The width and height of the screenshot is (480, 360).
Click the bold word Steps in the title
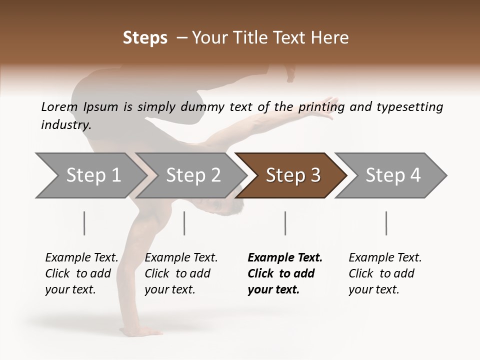tap(145, 38)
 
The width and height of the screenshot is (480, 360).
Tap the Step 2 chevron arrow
tap(190, 175)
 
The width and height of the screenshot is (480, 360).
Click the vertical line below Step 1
tap(84, 223)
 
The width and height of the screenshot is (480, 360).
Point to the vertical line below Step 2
tap(184, 223)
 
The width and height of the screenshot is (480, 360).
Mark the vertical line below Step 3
tap(285, 223)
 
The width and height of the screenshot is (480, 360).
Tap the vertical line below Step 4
tap(386, 223)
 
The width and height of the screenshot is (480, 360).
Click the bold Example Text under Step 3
tap(285, 257)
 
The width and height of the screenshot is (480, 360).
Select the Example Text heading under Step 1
tap(81, 257)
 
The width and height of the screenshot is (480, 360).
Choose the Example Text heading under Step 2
tap(181, 257)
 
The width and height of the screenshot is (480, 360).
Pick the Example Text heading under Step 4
tap(385, 257)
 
